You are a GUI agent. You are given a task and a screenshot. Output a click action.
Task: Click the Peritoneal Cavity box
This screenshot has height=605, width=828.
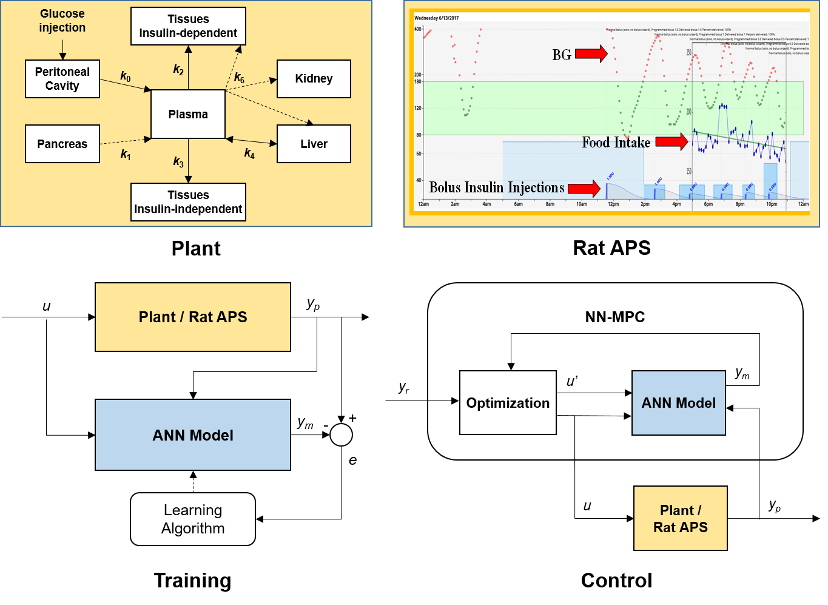click(62, 79)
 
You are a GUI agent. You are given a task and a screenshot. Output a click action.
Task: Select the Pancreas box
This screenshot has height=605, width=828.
click(62, 144)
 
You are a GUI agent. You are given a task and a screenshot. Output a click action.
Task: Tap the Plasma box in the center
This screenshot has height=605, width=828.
click(188, 114)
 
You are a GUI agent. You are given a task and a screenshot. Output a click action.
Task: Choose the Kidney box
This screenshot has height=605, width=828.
click(314, 79)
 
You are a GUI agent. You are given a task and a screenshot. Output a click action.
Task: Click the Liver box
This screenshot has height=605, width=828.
click(314, 144)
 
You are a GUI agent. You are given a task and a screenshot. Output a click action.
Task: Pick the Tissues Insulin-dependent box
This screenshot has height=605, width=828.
click(188, 26)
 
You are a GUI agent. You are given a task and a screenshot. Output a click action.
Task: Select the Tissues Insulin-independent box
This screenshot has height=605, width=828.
click(188, 202)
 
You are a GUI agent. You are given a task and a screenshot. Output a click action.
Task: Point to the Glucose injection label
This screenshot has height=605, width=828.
click(62, 21)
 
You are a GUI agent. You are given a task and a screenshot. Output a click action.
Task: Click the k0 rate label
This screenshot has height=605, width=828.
click(126, 76)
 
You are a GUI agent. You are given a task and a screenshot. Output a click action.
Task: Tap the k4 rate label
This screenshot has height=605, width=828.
click(249, 154)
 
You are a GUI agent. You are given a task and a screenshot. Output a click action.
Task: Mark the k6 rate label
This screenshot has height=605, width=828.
click(240, 78)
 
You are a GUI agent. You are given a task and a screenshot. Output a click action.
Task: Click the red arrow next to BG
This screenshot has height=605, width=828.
click(591, 54)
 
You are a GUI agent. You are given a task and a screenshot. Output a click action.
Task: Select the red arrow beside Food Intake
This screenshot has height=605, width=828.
click(671, 141)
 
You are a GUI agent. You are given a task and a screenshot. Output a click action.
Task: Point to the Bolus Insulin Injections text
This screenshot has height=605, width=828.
click(497, 188)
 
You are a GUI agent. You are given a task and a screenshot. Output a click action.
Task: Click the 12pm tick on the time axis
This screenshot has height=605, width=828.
click(613, 204)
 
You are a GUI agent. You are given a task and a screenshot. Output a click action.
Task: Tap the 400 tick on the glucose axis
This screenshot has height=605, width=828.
click(418, 29)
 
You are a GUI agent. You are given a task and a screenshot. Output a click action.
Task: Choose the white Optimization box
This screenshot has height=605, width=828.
click(508, 403)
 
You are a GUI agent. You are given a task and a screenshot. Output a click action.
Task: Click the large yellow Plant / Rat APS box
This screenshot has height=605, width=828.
click(193, 317)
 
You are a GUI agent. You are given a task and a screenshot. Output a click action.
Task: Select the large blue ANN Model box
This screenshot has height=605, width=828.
click(193, 435)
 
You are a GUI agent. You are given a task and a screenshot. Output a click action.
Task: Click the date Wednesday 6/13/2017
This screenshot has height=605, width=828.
click(437, 18)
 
